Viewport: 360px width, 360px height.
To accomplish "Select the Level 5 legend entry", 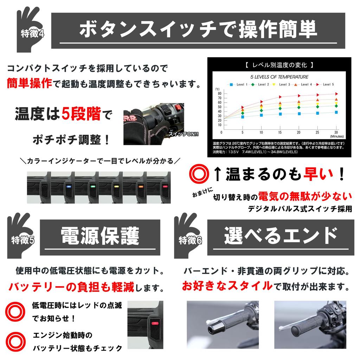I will tap(326, 84).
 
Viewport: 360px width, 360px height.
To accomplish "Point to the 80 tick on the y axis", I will tap(219, 94).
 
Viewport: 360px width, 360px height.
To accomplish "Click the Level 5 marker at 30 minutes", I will tap(336, 94).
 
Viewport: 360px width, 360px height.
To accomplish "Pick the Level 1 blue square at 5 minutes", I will tap(243, 117).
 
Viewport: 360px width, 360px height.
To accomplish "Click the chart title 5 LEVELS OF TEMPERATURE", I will tap(279, 76).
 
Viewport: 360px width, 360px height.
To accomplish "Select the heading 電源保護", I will tap(100, 236).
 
